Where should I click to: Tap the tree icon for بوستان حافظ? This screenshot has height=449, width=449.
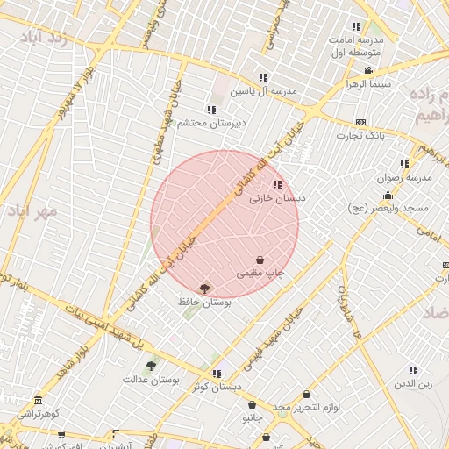point(205,288)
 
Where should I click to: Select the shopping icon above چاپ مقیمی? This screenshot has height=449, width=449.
point(260,260)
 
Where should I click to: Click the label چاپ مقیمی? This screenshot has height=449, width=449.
point(261,274)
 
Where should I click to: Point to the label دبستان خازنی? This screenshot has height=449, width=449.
point(277,199)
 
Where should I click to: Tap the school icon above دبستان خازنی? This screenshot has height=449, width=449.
point(278,184)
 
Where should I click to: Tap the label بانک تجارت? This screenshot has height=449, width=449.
point(360,136)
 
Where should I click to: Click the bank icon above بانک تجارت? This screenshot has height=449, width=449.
point(360,122)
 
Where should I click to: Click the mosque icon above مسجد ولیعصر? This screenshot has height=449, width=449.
point(388,195)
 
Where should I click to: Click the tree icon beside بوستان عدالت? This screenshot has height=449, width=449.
point(151,366)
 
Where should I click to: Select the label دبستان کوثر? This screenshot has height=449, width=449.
point(217,387)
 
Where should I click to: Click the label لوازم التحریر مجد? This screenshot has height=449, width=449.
point(306,409)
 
